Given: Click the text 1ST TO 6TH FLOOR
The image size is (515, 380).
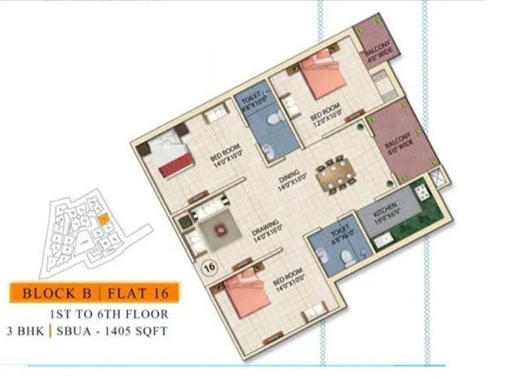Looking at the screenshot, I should tap(109, 314).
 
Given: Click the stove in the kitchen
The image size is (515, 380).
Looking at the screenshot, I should tap(421, 191).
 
